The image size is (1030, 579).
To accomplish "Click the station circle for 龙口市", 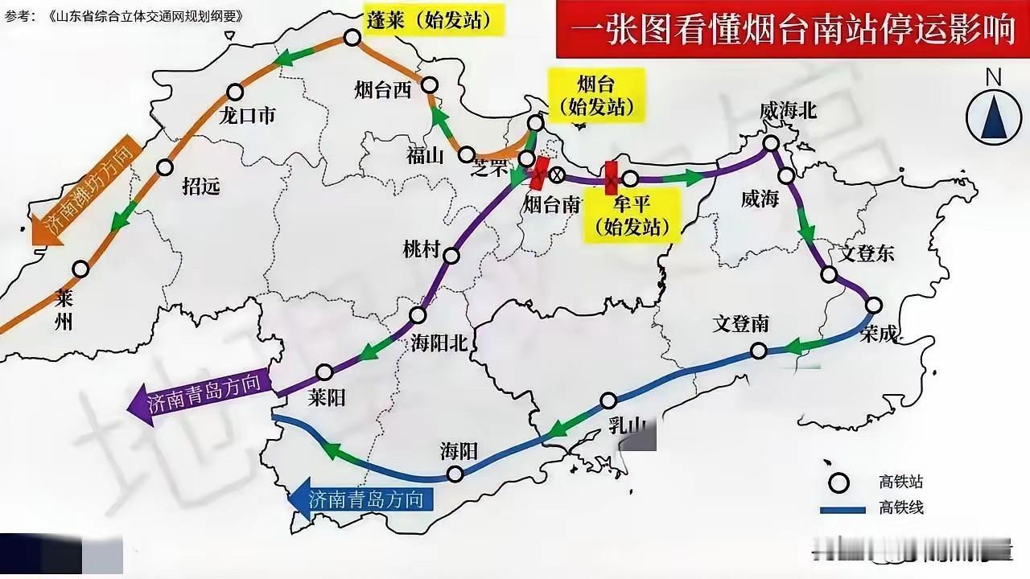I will [235, 92].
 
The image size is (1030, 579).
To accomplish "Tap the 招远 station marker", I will [165, 167].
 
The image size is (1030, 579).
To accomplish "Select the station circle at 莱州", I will [80, 269].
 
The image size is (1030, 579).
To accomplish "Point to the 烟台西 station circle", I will [430, 84].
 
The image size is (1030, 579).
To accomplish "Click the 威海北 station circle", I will [771, 143].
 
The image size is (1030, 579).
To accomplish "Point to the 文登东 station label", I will [866, 254].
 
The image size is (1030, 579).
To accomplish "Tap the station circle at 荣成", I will [873, 305].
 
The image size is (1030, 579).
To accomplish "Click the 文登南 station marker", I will [758, 351].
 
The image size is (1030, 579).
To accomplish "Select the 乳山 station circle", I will [609, 400].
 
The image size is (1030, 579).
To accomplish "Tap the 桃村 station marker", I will [451, 256].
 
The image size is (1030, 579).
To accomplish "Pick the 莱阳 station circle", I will [324, 372].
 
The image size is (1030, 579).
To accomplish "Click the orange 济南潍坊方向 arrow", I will [84, 193].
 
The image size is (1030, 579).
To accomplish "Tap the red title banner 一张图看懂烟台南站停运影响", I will [791, 31].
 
